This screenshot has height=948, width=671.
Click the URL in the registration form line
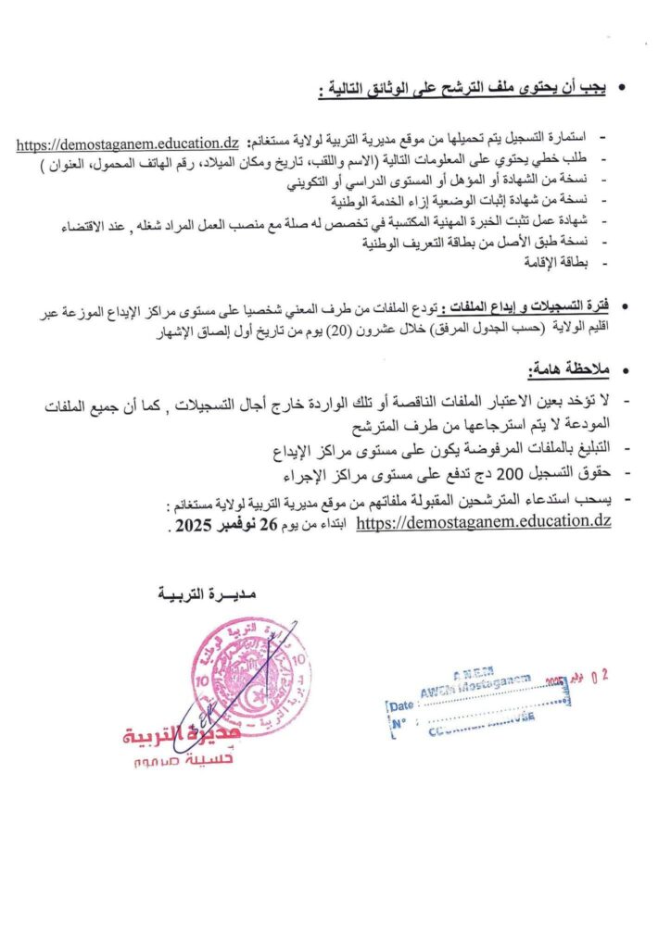click(x=128, y=143)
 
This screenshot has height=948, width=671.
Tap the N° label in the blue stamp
click(x=399, y=723)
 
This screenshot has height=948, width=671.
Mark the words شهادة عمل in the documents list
click(x=571, y=221)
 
